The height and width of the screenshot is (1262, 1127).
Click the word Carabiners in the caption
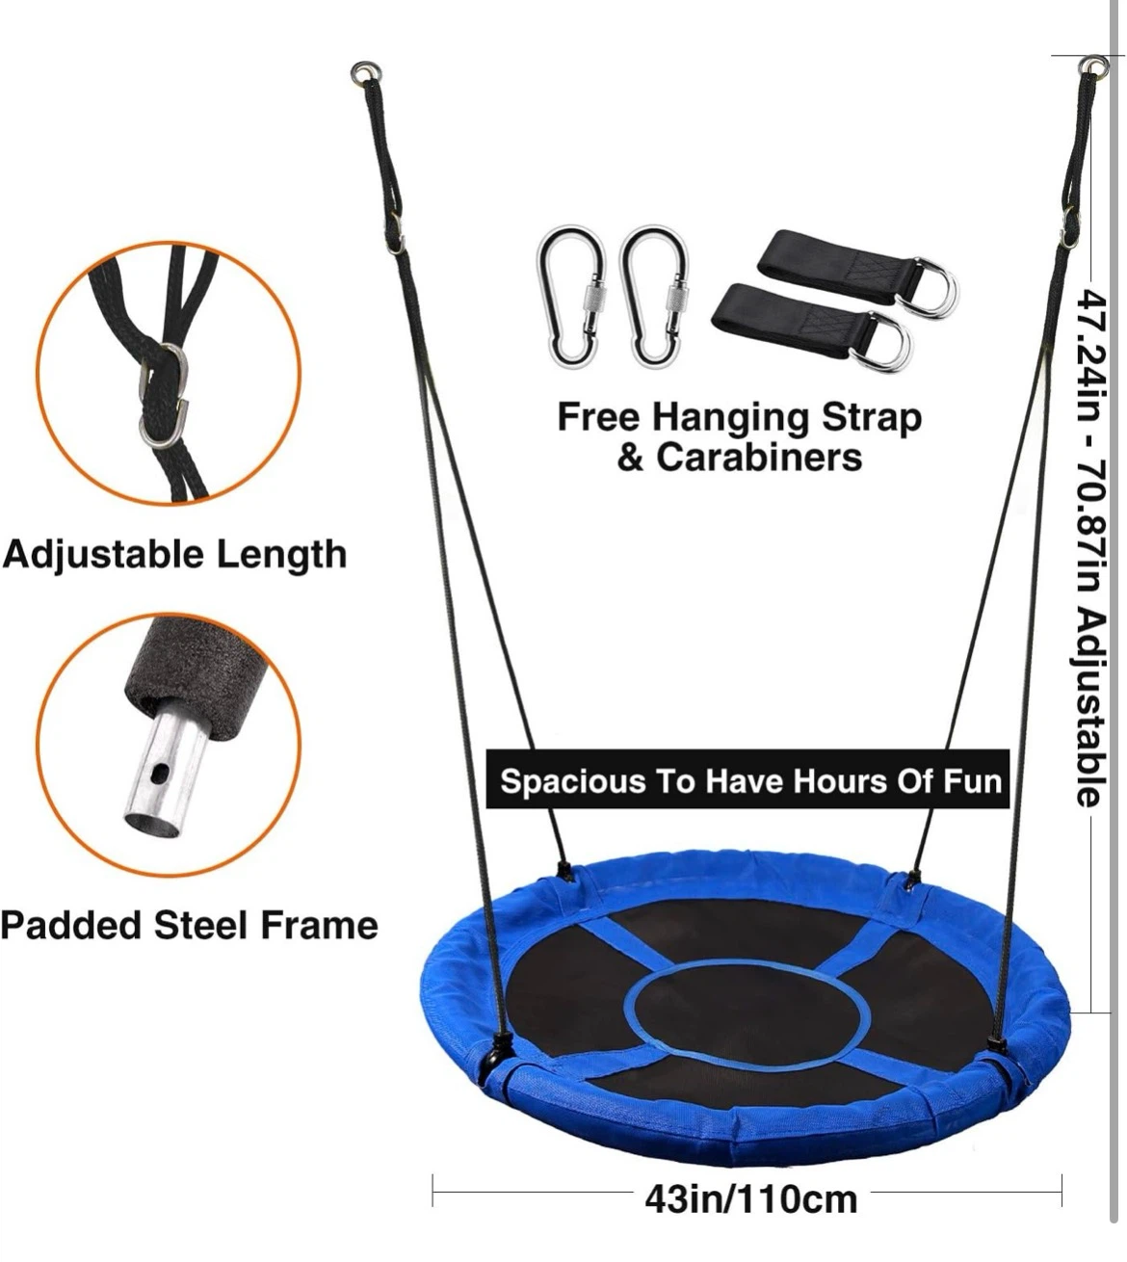(x=759, y=458)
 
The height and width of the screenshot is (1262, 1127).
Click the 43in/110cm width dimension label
(x=750, y=1199)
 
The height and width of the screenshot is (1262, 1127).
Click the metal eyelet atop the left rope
(x=364, y=72)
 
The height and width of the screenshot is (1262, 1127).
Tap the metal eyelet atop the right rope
(x=1094, y=66)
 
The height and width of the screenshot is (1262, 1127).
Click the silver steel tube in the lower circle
(x=169, y=770)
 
